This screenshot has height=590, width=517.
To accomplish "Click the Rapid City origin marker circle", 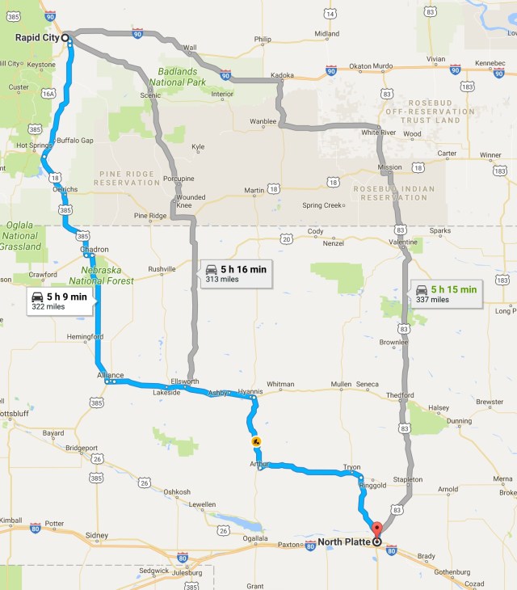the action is pyautogui.click(x=65, y=37).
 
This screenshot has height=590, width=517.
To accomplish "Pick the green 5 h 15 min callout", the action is pyautogui.click(x=445, y=293).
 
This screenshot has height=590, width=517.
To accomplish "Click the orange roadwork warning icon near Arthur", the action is pyautogui.click(x=255, y=441).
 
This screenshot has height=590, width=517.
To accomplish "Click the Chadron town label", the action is pyautogui.click(x=95, y=249).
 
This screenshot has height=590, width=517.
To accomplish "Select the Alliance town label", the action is pyautogui.click(x=111, y=375).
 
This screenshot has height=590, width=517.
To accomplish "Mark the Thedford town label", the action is pyautogui.click(x=400, y=395).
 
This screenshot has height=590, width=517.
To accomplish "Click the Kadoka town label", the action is pyautogui.click(x=282, y=75).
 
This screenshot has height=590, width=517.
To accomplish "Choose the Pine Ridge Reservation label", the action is pyautogui.click(x=128, y=178).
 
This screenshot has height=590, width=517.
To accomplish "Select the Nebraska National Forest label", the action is pyautogui.click(x=102, y=275).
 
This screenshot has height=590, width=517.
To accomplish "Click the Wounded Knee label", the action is pyautogui.click(x=191, y=201).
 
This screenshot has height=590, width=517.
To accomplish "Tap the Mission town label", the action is pyautogui.click(x=390, y=167).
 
